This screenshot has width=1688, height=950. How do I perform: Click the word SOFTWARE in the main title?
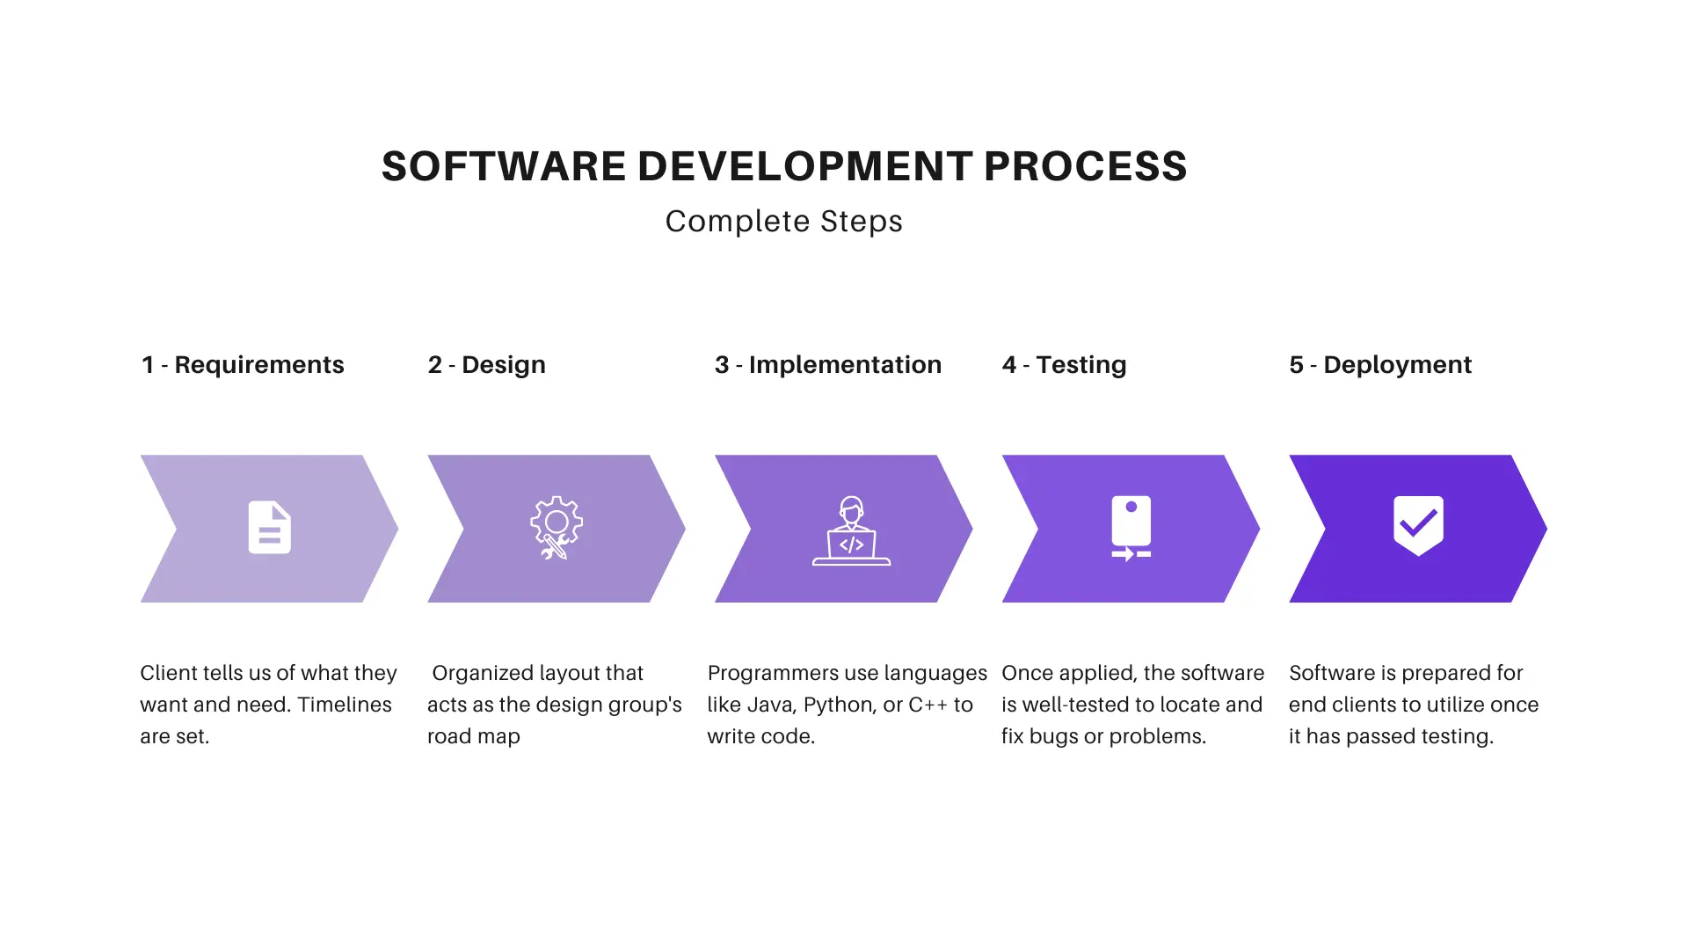click(x=503, y=166)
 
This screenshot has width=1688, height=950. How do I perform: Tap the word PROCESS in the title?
click(x=1085, y=166)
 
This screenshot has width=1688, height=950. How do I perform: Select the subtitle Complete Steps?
click(x=783, y=222)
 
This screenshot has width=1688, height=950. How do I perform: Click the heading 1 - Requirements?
click(x=243, y=364)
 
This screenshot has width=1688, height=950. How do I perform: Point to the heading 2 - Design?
click(x=487, y=365)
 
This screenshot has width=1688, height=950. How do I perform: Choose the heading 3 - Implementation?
click(x=828, y=365)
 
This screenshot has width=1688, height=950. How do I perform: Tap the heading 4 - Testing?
click(x=1064, y=365)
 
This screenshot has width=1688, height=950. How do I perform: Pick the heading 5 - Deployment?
click(x=1380, y=365)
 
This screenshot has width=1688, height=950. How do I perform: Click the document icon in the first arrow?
click(x=270, y=527)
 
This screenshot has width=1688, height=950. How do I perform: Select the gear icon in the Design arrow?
click(x=557, y=528)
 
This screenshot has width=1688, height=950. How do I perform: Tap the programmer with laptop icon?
click(x=851, y=530)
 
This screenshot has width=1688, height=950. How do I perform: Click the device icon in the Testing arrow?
click(x=1131, y=528)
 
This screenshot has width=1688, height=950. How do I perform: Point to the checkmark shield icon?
click(x=1418, y=526)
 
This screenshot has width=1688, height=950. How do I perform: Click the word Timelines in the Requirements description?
click(x=345, y=705)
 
